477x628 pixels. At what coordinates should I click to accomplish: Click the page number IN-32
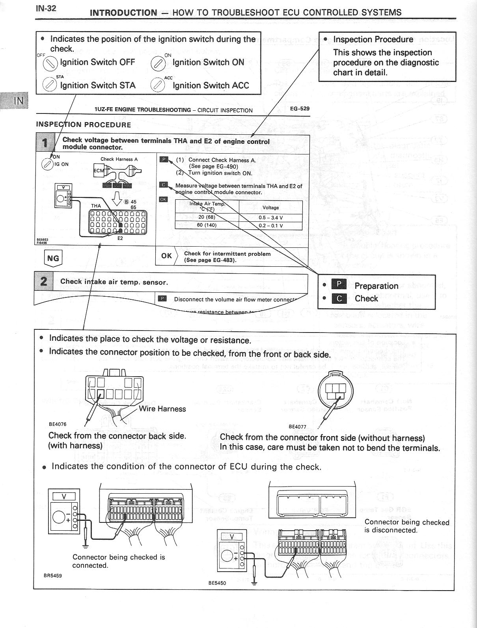click(46, 8)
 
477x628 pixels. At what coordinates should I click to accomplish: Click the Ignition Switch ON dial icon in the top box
click(158, 63)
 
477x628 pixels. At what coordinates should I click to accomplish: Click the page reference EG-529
click(300, 109)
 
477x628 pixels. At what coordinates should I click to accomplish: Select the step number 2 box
click(44, 281)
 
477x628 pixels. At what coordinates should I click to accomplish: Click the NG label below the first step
click(53, 258)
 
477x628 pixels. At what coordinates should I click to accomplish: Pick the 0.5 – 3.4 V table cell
click(270, 217)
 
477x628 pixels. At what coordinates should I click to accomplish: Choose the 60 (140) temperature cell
click(207, 225)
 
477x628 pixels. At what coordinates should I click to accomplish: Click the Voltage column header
click(270, 208)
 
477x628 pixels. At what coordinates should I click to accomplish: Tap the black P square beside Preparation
click(339, 285)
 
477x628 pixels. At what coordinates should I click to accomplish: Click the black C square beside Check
click(339, 298)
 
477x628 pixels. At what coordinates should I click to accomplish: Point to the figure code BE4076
click(58, 424)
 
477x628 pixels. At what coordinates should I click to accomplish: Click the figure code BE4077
click(297, 426)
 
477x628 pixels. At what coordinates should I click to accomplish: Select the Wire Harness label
click(162, 409)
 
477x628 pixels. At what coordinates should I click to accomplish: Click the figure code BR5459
click(52, 575)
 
